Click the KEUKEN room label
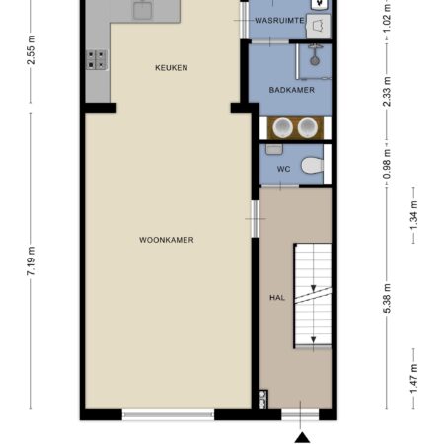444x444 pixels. tap(172, 68)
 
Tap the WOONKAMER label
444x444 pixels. tap(167, 240)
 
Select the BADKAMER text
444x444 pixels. tap(292, 90)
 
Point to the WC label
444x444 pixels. tap(283, 169)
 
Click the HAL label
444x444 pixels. tap(277, 298)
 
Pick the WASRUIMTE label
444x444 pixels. tap(279, 21)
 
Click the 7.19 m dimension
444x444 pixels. tap(31, 261)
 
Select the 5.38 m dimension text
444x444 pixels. tap(387, 298)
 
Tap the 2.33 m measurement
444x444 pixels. tap(387, 91)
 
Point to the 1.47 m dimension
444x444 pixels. tap(413, 378)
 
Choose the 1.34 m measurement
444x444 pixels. tap(413, 215)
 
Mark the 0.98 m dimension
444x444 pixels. tap(387, 164)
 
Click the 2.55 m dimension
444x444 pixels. tap(31, 50)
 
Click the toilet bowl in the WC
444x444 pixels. tap(312, 165)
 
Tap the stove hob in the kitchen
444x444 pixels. tap(97, 59)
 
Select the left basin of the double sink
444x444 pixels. tap(282, 127)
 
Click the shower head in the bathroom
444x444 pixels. tap(315, 60)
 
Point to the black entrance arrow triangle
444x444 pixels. tap(302, 438)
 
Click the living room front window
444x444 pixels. tap(169, 414)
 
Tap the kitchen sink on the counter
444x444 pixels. tap(142, 10)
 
